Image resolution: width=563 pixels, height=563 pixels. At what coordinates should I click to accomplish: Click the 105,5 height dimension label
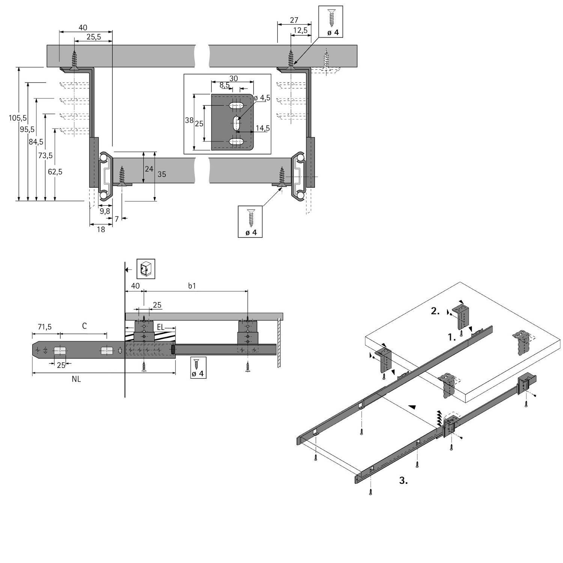click(x=18, y=118)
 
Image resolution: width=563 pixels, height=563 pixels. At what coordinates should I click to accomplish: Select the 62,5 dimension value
click(x=55, y=172)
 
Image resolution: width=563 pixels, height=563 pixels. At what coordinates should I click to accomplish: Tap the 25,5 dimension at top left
click(x=93, y=37)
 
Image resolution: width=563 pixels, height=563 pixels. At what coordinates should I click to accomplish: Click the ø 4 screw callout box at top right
click(x=331, y=21)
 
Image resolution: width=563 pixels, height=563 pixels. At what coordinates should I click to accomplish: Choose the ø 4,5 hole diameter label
click(x=262, y=98)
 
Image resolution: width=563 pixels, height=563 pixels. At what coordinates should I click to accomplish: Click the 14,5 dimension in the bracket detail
click(x=262, y=128)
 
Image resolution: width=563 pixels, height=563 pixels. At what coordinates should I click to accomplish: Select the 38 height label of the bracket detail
click(x=189, y=120)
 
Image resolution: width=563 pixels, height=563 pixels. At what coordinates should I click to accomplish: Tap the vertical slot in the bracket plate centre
click(x=237, y=123)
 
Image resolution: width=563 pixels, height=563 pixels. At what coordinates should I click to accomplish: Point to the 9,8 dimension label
click(x=105, y=211)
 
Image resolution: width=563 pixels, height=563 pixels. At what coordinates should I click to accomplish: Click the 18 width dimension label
click(x=101, y=229)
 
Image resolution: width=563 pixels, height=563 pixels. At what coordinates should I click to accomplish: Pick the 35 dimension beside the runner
click(x=162, y=174)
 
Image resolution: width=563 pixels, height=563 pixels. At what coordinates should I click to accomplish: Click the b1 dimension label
click(x=192, y=286)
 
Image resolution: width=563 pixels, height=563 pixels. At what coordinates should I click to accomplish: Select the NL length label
click(x=76, y=379)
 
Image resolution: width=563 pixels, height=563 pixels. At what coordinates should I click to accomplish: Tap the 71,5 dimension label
click(x=44, y=327)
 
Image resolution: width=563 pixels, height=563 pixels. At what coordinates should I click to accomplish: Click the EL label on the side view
click(x=160, y=327)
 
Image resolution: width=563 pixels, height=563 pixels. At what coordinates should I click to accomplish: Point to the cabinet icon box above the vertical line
click(x=146, y=268)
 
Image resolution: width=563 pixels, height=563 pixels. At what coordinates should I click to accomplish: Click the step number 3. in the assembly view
click(x=403, y=480)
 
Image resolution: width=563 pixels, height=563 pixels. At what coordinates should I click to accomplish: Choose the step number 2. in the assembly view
click(x=435, y=311)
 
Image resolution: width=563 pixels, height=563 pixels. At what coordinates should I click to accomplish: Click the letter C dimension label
click(x=84, y=326)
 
